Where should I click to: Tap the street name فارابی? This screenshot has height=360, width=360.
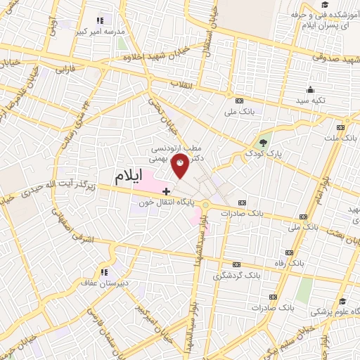pyautogui.click(x=64, y=70)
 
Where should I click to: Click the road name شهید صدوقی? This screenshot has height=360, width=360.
pyautogui.click(x=330, y=60)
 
